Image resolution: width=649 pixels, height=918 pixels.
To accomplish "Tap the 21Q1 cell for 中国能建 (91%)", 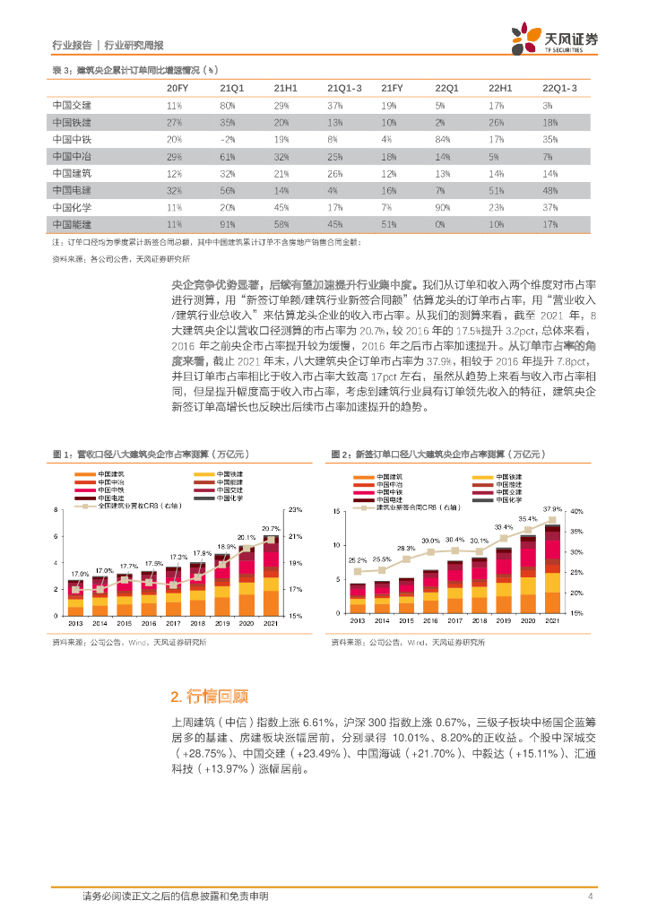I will tap(227, 223).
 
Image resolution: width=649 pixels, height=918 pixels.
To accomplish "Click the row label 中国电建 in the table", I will tap(72, 189).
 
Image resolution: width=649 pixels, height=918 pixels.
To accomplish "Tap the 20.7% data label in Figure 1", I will tap(272, 528).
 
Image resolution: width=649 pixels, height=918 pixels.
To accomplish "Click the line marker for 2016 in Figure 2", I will tap(431, 551).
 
